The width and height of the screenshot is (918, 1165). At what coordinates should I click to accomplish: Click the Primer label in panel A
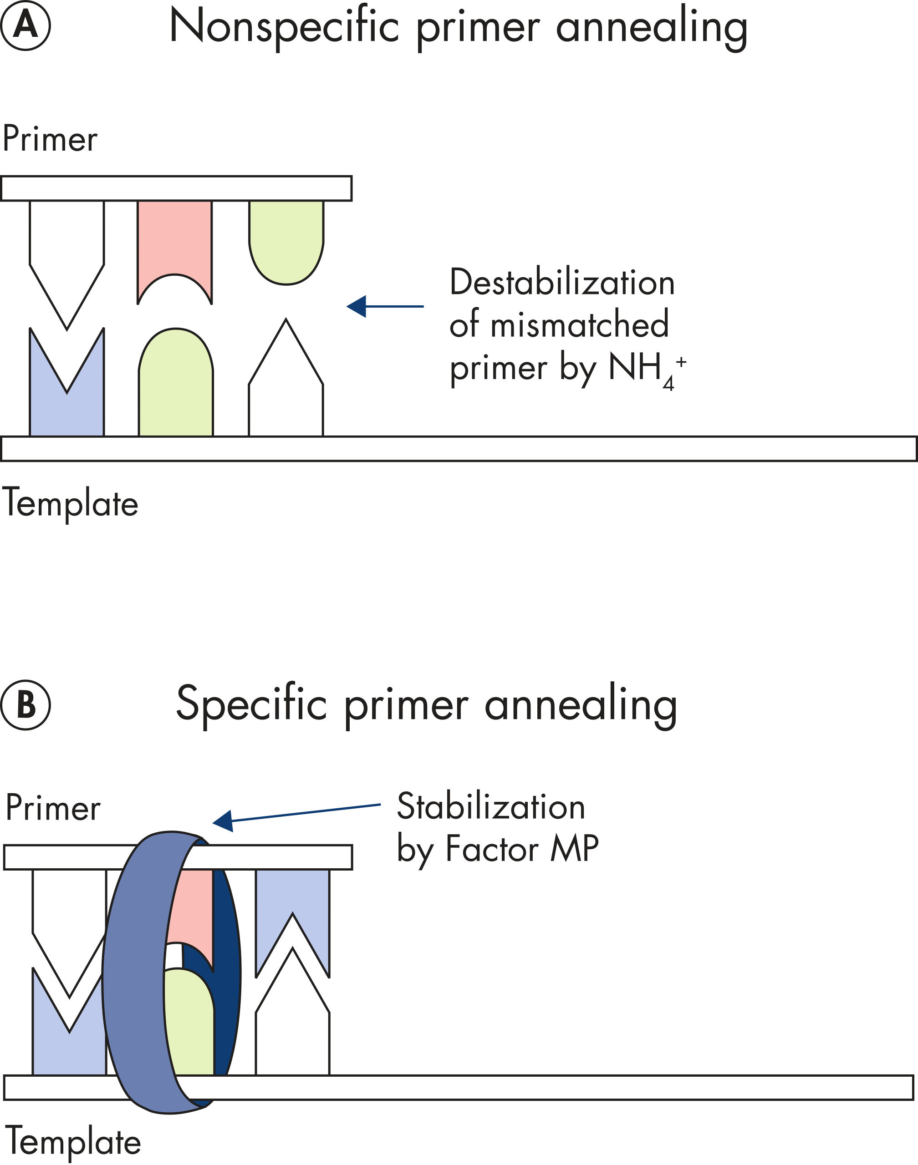point(50,139)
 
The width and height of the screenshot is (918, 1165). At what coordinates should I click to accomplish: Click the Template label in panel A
point(71,504)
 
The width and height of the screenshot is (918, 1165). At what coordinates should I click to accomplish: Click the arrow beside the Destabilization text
point(385,306)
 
